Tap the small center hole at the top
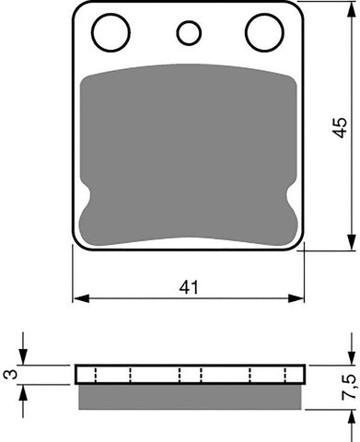point(189,35)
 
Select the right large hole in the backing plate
point(263,33)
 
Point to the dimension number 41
point(189,288)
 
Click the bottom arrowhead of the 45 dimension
point(352,243)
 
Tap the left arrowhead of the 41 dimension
point(79,298)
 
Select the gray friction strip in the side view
point(189,395)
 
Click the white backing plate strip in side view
point(189,374)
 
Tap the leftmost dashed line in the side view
point(94,374)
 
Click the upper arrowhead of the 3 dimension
point(26,360)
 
